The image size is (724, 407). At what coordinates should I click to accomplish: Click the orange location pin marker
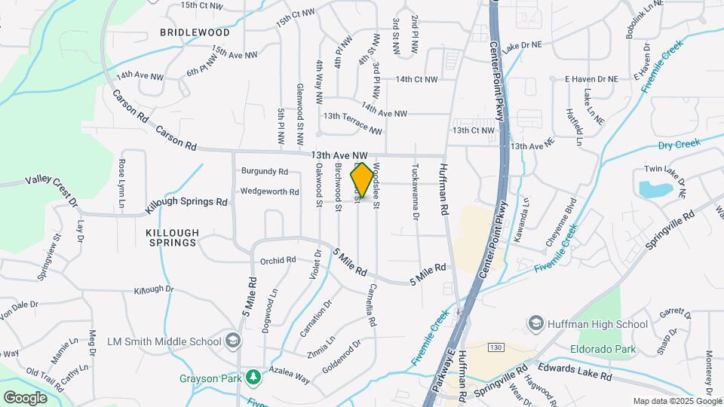pos(362,180)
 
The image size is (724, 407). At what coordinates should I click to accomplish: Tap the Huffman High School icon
pos(535,324)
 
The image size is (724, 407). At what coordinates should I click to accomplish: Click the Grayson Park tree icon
pos(255,376)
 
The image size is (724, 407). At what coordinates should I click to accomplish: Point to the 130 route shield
pos(495,347)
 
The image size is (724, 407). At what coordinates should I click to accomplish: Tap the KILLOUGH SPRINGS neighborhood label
pos(172,237)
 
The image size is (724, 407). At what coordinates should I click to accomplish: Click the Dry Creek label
pos(679,142)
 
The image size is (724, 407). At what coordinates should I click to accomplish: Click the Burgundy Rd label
pos(264,171)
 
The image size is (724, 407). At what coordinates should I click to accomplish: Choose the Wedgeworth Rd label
pos(269,191)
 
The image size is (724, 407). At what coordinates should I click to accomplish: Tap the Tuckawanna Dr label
pos(416,191)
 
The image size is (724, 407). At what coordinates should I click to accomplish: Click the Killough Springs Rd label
pos(192,202)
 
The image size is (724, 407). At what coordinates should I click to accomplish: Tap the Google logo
pos(25,397)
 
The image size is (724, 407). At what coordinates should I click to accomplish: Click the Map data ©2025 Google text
pos(676,401)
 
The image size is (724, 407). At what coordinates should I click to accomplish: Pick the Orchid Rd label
pos(278,260)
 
